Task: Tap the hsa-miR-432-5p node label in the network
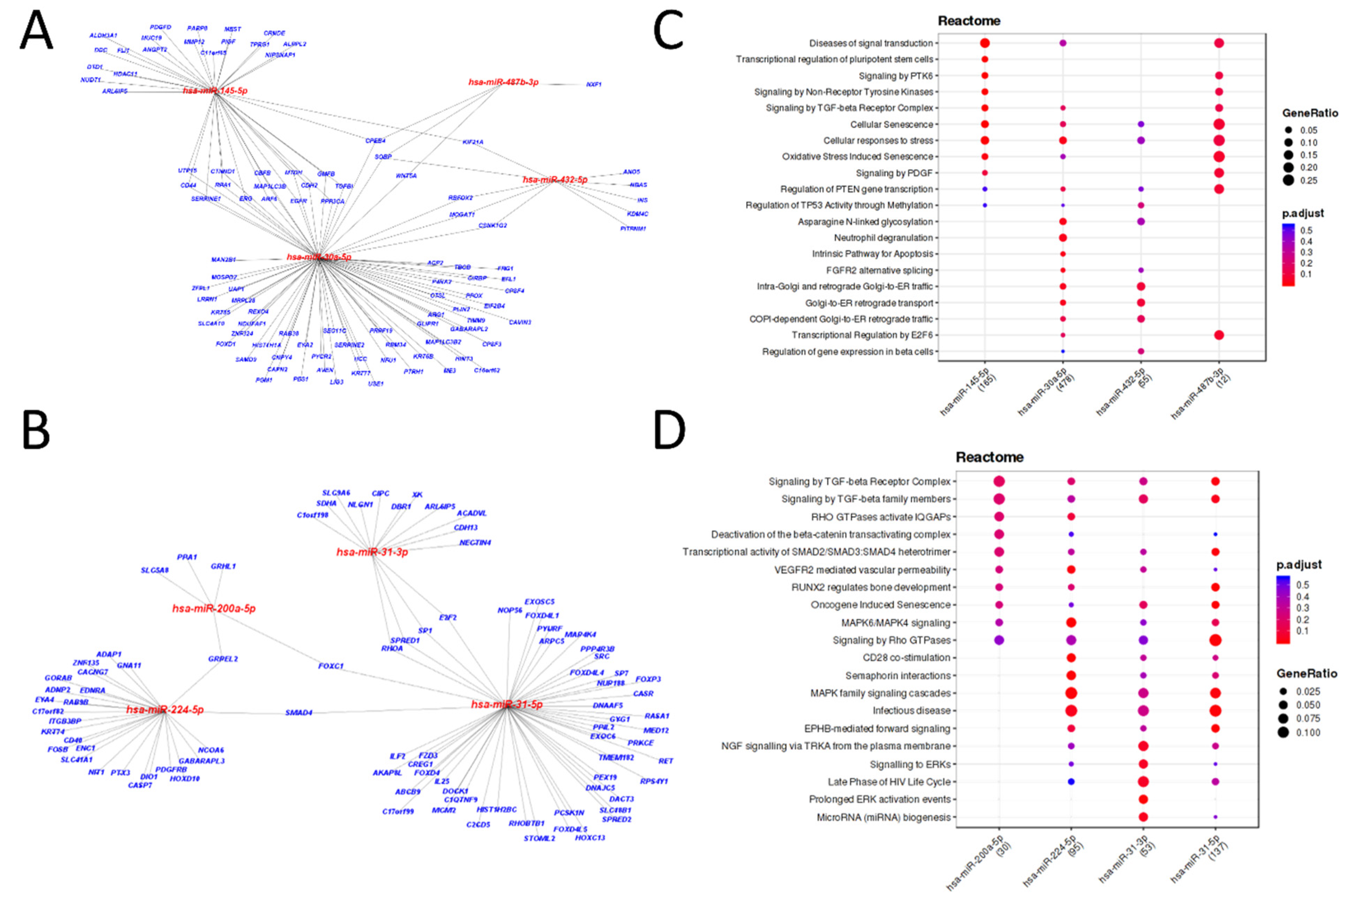coord(554,179)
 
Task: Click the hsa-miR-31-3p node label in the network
coord(372,552)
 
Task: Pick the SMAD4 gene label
coord(298,712)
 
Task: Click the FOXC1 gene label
coord(331,666)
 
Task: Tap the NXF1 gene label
coord(593,85)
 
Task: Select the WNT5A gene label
coord(406,176)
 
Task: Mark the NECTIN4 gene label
coord(475,543)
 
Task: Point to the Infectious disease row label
coord(911,710)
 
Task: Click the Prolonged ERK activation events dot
coord(1142,799)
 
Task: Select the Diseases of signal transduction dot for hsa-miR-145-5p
coord(984,43)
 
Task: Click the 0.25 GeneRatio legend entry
coord(1288,180)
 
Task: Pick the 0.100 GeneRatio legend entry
coord(1283,732)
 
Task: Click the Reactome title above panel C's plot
coord(969,21)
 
